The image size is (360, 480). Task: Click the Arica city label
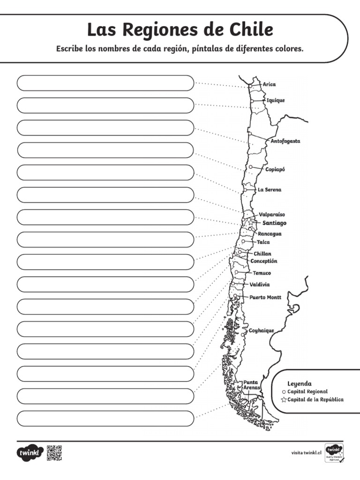point(269,84)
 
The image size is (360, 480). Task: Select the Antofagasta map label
point(285,141)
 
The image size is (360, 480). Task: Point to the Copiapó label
point(275,169)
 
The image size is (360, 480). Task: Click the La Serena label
point(270,190)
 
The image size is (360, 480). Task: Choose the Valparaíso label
point(272,214)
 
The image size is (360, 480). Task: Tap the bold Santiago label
point(274,223)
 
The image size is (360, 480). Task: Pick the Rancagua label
point(270,233)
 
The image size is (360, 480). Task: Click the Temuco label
point(262,273)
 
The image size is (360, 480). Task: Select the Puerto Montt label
point(265,297)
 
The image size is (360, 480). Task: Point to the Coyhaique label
point(261,330)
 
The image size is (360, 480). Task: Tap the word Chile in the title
point(250,30)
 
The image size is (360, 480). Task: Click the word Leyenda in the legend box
point(299,383)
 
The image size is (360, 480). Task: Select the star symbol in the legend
point(284,400)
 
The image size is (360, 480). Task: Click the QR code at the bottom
point(54,453)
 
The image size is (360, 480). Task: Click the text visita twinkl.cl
point(306,453)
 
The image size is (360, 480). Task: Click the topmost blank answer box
point(105,83)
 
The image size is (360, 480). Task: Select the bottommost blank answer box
point(105,419)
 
